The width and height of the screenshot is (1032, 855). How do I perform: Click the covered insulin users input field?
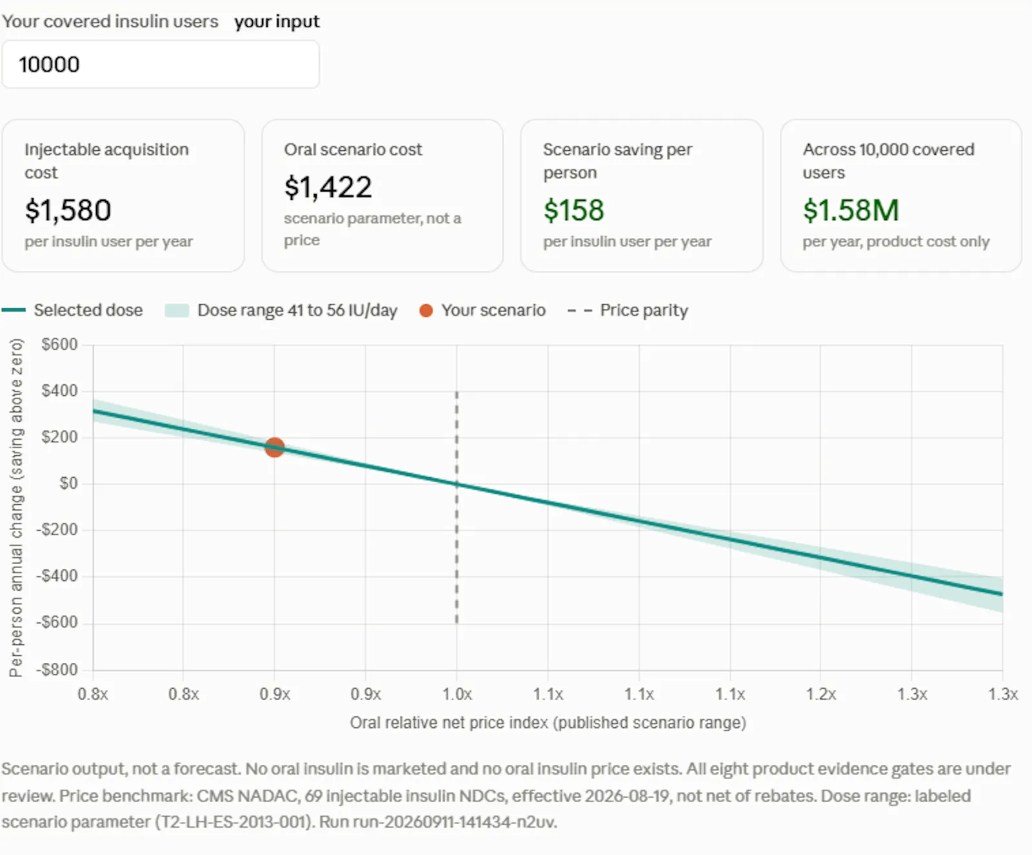161,64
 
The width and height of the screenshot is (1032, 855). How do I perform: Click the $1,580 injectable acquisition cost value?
68,210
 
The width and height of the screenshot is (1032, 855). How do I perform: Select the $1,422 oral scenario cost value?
328,187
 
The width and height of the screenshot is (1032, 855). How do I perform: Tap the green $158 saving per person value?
573,210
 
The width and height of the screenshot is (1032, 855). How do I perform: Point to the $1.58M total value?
851,210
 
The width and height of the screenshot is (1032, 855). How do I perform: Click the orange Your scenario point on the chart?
275,447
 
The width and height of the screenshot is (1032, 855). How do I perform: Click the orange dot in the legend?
426,311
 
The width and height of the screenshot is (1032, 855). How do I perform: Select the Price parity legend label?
644,311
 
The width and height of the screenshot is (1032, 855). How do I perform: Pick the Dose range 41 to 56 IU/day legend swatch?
177,311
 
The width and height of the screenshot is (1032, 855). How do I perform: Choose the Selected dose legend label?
88,310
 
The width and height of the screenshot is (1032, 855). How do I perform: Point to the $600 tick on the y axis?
59,344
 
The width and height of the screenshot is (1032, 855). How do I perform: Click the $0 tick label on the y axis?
68,483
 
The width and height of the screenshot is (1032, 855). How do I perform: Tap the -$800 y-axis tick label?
57,669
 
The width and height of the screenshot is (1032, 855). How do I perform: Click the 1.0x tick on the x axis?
457,694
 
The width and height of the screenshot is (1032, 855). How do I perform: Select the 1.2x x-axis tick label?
820,694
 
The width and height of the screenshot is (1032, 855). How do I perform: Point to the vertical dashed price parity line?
457,507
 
